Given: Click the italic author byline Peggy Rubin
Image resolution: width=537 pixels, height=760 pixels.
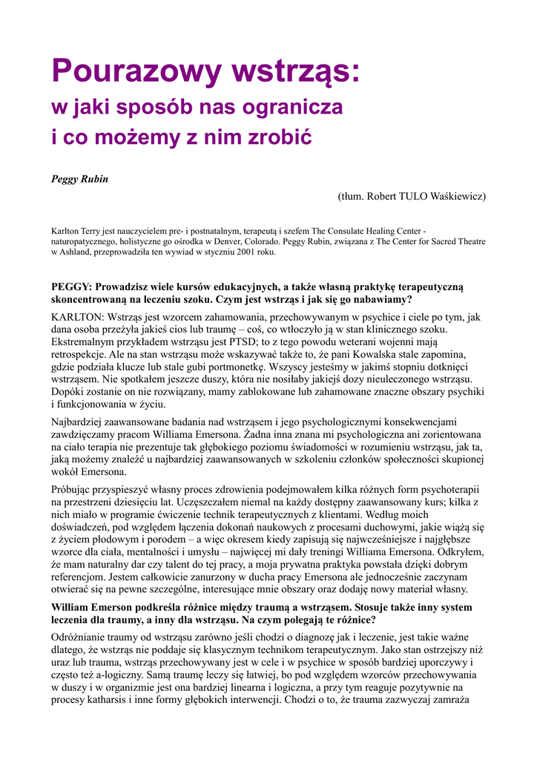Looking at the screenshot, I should pos(79,179).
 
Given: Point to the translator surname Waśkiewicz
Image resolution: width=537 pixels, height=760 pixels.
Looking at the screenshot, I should pos(455,197).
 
